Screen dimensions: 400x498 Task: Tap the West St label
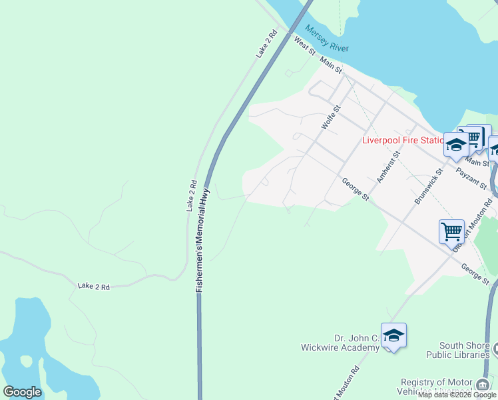(304, 46)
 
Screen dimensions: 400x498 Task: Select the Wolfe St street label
(331, 117)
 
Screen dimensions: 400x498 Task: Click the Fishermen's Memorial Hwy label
(204, 238)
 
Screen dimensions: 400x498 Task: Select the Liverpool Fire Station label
(402, 140)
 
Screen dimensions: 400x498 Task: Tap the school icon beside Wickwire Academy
(393, 335)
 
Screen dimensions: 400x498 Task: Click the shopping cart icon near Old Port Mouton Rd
(451, 231)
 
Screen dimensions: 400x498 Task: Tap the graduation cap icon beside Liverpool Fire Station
(456, 145)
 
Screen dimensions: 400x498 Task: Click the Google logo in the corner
(22, 392)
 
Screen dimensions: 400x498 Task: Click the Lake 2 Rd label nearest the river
(266, 43)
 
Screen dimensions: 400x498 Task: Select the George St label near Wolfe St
(356, 189)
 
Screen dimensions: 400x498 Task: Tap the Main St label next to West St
(330, 65)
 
